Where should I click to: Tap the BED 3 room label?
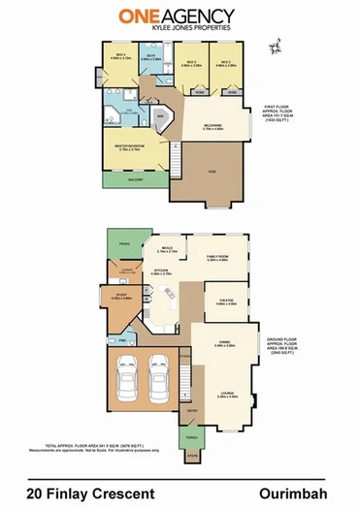tap(190, 63)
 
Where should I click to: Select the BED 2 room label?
tap(223, 63)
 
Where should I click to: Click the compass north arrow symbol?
tap(278, 45)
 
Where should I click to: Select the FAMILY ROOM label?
tap(217, 258)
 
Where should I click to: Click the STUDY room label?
tap(120, 297)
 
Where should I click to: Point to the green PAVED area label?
tap(124, 243)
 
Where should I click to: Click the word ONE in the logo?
tap(139, 16)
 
